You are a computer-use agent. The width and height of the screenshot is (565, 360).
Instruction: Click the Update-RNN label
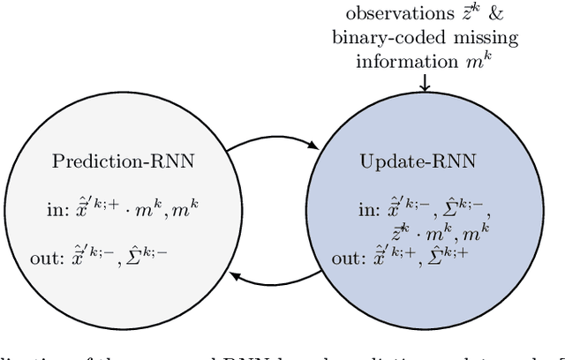(406, 162)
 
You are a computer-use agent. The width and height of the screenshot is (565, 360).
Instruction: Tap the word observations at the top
(391, 16)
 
